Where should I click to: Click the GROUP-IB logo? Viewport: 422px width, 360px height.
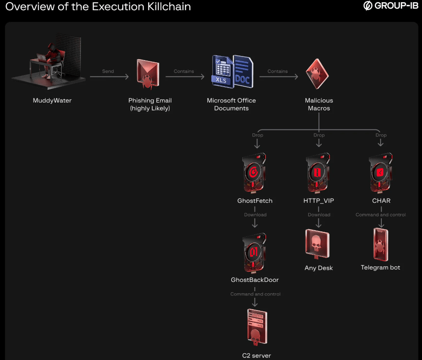click(390, 6)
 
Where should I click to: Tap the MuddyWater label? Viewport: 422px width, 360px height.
click(52, 100)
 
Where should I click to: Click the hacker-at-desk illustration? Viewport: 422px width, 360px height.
click(49, 60)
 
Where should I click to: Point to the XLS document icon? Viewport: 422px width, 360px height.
click(223, 71)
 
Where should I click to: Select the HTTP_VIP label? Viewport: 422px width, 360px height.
click(319, 201)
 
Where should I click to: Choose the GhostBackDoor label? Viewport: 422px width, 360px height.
click(255, 280)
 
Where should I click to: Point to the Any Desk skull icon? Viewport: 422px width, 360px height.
click(317, 244)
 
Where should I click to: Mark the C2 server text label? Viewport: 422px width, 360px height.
click(256, 355)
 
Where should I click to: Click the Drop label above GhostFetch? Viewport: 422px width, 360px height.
click(257, 135)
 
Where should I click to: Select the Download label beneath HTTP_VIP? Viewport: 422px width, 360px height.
click(319, 215)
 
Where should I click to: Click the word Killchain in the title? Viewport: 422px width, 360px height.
click(164, 7)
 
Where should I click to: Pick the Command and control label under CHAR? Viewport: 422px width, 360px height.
click(381, 215)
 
